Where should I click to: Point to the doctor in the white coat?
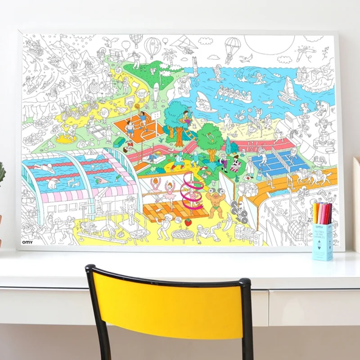point(250,167)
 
